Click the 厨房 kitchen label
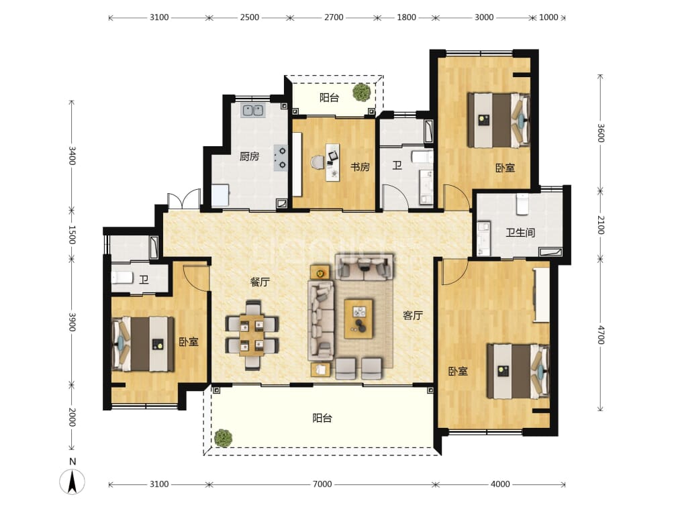[249, 156]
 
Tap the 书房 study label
[360, 166]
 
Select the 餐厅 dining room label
[260, 282]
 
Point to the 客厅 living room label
[413, 316]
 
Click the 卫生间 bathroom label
[520, 233]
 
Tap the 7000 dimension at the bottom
[322, 484]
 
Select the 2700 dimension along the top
[334, 17]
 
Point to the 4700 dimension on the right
[601, 335]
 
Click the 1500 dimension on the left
[72, 235]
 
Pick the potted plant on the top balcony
[362, 93]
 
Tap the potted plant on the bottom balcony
[223, 438]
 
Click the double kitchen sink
[252, 111]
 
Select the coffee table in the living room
[358, 319]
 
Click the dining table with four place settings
[252, 335]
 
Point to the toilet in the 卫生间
[522, 205]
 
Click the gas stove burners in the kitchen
[281, 158]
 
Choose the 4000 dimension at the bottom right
[500, 484]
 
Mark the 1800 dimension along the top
[406, 17]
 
